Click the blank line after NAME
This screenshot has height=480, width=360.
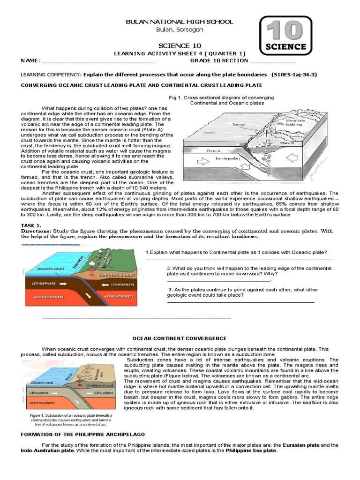98,61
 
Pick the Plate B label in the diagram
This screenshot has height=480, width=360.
286,143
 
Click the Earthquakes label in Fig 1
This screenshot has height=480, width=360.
228,158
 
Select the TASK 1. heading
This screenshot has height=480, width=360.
32,225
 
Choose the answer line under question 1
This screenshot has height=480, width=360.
239,259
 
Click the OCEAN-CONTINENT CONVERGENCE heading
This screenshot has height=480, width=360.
180,338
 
